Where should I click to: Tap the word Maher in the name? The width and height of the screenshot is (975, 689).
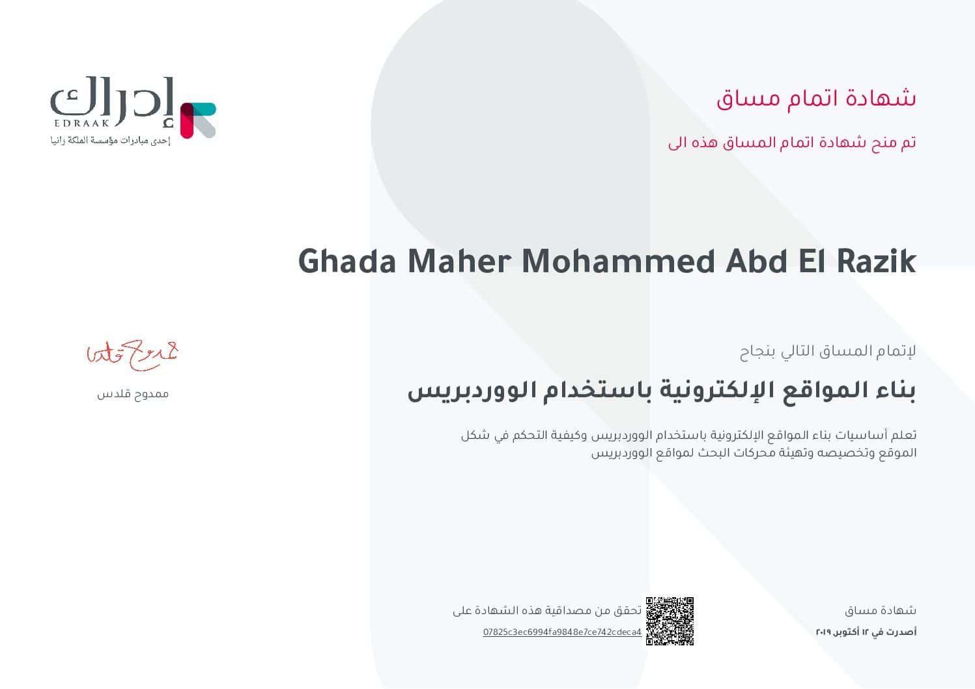[x=459, y=262]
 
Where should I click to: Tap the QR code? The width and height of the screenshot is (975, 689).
[x=670, y=621]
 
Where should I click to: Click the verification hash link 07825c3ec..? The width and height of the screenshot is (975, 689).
[x=562, y=632]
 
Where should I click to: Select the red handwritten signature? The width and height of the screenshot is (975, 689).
[x=133, y=354]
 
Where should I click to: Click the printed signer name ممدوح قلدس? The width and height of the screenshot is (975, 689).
[x=133, y=394]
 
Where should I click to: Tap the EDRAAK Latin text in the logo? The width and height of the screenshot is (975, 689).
[x=79, y=123]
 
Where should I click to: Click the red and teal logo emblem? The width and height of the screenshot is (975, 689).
[x=197, y=120]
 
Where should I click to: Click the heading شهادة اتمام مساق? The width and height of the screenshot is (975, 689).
[x=816, y=98]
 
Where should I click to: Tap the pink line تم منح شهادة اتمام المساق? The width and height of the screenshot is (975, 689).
[x=792, y=143]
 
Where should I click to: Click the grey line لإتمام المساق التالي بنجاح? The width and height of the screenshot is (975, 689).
[x=828, y=352]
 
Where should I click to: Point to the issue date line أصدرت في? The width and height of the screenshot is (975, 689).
[x=866, y=632]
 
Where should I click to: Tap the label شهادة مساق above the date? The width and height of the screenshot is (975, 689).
[x=881, y=611]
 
